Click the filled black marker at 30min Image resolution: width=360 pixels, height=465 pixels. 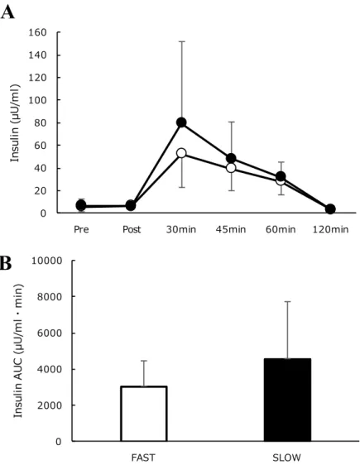tap(181, 122)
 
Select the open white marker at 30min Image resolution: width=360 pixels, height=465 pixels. tap(181, 153)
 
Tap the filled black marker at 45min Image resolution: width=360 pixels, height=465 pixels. tap(231, 158)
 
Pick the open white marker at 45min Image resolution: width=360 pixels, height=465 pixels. tap(231, 168)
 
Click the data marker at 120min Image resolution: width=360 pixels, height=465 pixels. tap(330, 209)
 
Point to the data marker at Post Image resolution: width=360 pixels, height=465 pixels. tap(131, 205)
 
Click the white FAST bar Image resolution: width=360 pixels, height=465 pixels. tap(144, 414)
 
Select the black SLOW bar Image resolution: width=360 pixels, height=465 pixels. tap(287, 400)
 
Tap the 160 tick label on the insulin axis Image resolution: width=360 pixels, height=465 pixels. tap(38, 32)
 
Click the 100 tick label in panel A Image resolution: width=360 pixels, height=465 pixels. tap(38, 100)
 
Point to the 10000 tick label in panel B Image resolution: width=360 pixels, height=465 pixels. tap(47, 261)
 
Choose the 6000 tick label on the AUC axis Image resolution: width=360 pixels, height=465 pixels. tap(50, 333)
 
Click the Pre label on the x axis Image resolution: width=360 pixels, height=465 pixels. tap(81, 229)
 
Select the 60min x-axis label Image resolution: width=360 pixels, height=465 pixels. tap(281, 229)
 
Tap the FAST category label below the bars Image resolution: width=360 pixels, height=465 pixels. tap(143, 458)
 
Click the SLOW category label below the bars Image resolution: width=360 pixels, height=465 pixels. tap(286, 458)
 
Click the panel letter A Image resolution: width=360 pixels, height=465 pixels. tap(7, 12)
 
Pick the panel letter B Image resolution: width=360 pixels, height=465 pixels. tap(6, 263)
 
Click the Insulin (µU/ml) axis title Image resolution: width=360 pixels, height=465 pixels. tap(15, 123)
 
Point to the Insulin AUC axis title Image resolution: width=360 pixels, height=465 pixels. tap(18, 351)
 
